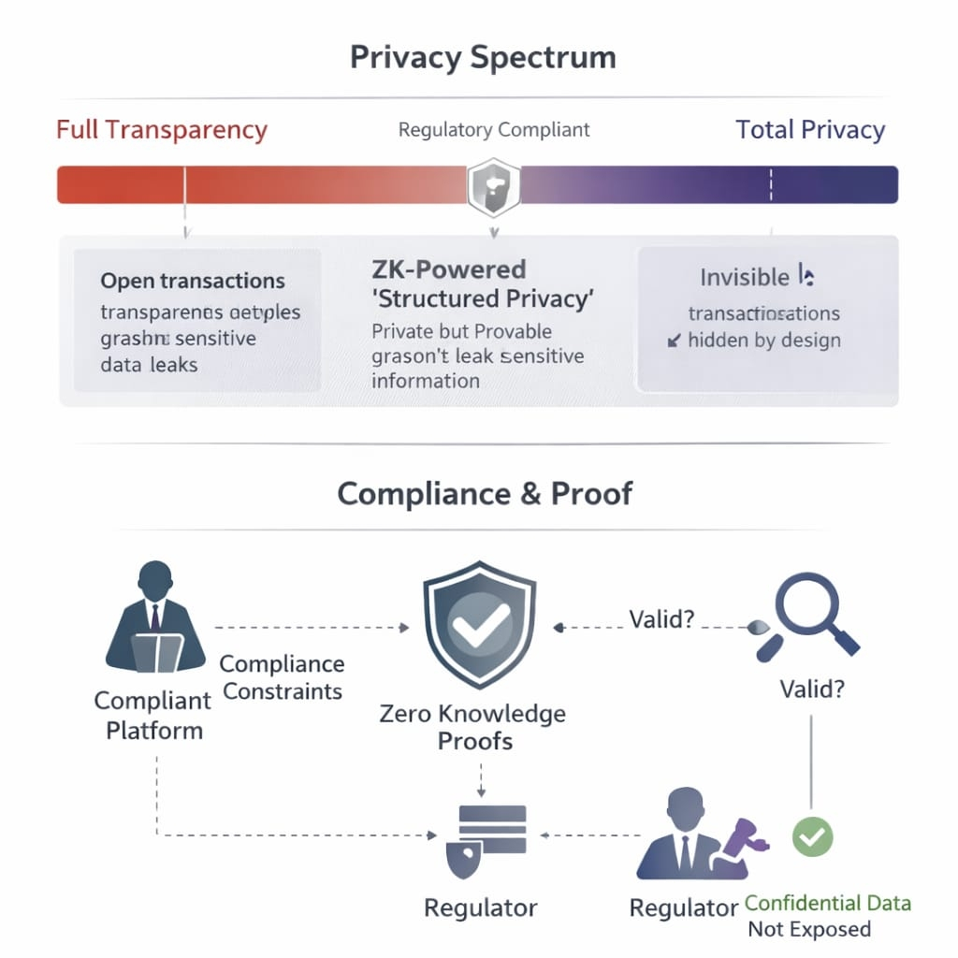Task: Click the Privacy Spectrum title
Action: [483, 57]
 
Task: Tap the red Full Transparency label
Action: [162, 129]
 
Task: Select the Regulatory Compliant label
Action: [494, 129]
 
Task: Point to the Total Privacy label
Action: [810, 129]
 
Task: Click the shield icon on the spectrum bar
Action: [492, 184]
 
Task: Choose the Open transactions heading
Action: [193, 281]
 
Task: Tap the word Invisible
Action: [745, 277]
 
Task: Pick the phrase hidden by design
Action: [763, 341]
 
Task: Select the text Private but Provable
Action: [462, 331]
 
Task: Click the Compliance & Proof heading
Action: [485, 493]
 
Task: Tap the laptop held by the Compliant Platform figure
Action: [156, 652]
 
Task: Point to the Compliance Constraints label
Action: [282, 677]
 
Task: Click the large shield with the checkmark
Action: [480, 618]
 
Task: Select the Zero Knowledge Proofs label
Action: [473, 727]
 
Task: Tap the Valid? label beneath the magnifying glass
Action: [812, 690]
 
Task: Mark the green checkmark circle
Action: [812, 835]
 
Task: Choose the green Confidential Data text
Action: [828, 903]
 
